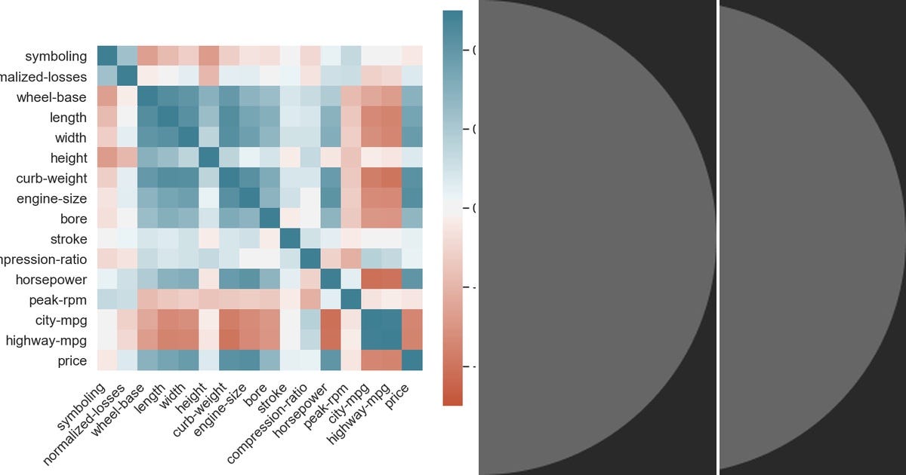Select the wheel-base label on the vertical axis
coord(51,97)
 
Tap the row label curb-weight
coord(51,179)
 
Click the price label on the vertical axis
coord(72,361)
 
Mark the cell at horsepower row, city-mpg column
coord(371,280)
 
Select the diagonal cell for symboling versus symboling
coord(107,56)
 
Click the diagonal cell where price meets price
coord(412,361)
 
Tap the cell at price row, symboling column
coord(107,361)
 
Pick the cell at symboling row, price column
coord(412,56)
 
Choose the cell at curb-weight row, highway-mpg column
coord(392,178)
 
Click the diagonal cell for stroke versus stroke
coord(290,239)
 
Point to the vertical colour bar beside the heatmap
coord(452,207)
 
